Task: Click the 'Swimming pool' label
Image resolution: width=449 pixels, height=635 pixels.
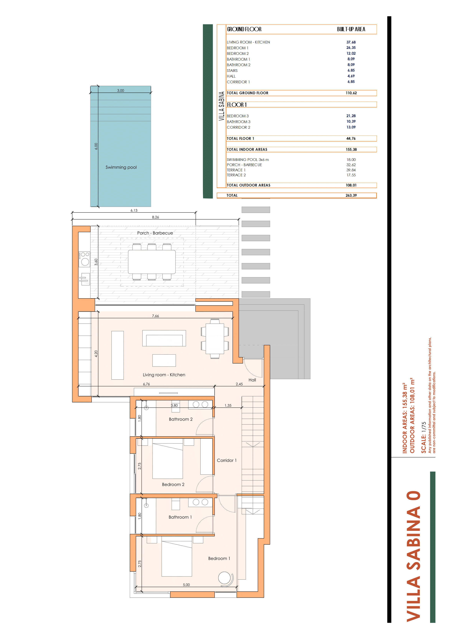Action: [121, 167]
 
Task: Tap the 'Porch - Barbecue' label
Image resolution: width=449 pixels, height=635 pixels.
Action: [155, 233]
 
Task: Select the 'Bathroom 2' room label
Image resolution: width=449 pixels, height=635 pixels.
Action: [181, 419]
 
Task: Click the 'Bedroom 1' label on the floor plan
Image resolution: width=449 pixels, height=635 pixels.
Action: [219, 558]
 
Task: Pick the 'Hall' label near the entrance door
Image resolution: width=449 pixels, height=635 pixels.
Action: [252, 380]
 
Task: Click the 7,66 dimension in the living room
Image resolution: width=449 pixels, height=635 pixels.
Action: [155, 316]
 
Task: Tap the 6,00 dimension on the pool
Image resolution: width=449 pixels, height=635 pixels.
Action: [96, 146]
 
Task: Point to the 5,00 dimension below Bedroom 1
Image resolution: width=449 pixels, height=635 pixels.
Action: [186, 585]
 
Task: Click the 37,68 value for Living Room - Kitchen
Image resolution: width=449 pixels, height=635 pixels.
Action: [351, 42]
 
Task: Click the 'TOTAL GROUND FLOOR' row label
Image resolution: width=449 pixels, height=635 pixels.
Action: [247, 93]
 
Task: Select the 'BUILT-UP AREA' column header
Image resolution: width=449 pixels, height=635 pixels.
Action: [351, 29]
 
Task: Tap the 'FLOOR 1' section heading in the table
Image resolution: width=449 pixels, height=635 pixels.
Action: [237, 105]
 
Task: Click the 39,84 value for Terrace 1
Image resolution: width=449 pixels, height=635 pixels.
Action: [351, 170]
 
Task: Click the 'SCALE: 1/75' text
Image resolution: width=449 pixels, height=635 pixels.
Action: [423, 438]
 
